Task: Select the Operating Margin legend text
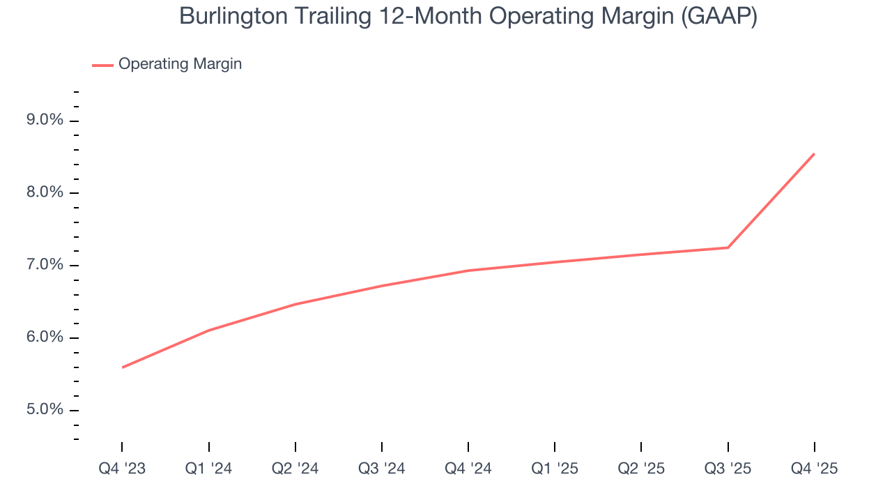point(180,64)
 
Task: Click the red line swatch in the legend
point(102,65)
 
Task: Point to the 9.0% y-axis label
point(45,121)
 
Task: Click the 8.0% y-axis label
point(45,193)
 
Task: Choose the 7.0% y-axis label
point(45,266)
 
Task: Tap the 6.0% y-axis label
point(45,337)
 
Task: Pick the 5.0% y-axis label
point(45,410)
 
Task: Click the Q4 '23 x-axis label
point(122,469)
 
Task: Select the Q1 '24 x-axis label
point(208,469)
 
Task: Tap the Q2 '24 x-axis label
point(295,469)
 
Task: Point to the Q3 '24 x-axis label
point(382,469)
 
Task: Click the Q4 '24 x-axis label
point(468,469)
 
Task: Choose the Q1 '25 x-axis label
point(555,469)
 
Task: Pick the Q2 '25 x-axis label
point(641,469)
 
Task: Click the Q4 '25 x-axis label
point(815,469)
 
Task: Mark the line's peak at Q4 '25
point(814,154)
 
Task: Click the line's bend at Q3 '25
point(728,248)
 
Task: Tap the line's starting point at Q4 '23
point(123,367)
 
